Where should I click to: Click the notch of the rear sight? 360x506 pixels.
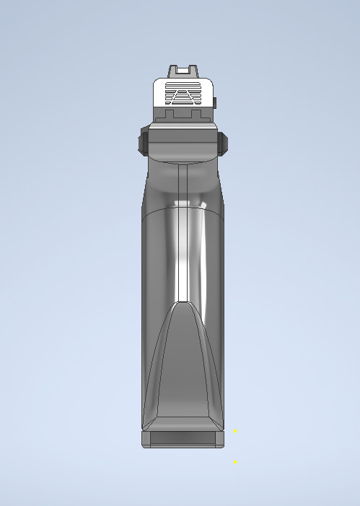pos(183,70)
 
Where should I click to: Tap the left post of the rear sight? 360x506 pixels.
pos(173,71)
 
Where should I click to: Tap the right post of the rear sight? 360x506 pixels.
pos(193,71)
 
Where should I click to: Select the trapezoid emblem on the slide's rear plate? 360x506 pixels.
pos(183,94)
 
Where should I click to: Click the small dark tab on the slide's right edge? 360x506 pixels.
pos(214,102)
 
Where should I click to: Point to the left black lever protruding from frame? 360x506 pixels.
pos(144,142)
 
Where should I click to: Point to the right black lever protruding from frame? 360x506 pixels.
pos(223,142)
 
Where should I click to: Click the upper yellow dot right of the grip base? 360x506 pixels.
pos(234,430)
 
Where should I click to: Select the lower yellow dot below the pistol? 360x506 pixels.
pos(234,462)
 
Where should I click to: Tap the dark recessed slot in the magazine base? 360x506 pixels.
pos(183,438)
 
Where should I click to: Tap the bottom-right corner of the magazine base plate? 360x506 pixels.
pos(224,446)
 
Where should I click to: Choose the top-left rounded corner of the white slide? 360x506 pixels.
pos(157,81)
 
